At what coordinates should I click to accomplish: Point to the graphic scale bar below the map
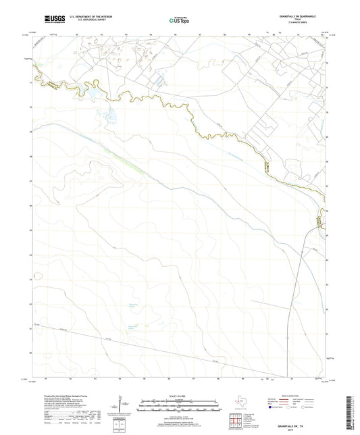pyautogui.click(x=180, y=406)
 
